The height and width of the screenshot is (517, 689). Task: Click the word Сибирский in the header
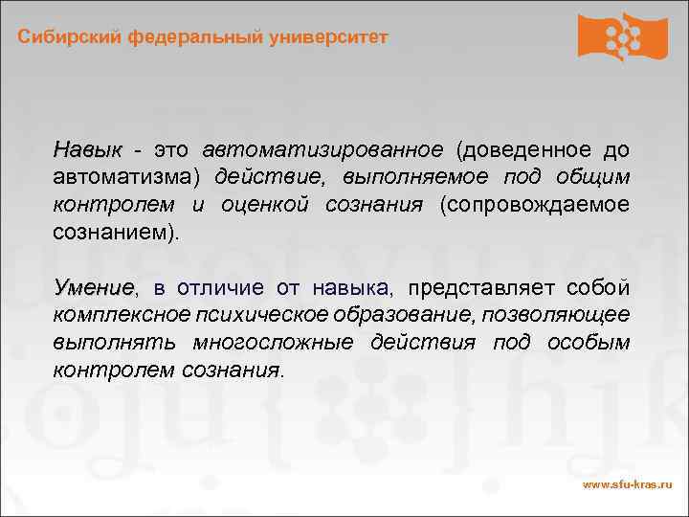(63, 37)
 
